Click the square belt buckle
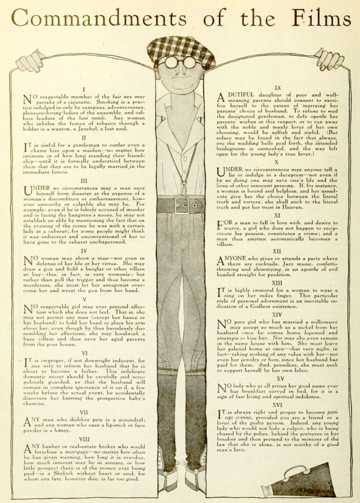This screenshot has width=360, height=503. (x=182, y=206)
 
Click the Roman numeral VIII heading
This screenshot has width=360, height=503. (x=84, y=438)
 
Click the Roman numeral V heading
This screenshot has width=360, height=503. (x=84, y=299)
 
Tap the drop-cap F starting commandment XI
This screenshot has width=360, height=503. (x=221, y=225)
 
